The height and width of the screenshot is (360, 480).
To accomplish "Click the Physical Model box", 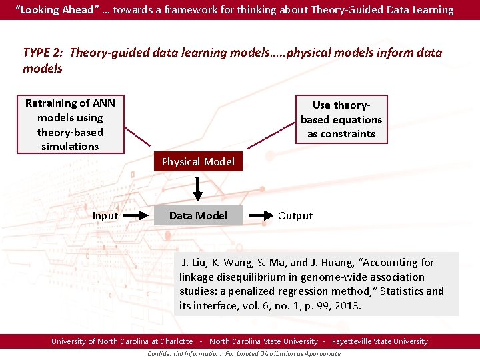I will (x=198, y=162).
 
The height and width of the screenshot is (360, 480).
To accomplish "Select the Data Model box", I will (x=198, y=215).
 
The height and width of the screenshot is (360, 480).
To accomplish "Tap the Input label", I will (x=105, y=216).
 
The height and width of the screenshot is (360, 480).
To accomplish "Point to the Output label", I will (x=295, y=216).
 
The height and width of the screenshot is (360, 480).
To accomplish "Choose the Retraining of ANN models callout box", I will (x=70, y=125).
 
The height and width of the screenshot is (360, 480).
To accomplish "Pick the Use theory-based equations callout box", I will (x=341, y=119).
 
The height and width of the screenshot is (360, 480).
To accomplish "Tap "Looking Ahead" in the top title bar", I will (x=57, y=10).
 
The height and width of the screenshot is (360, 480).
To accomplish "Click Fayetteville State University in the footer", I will (x=379, y=341).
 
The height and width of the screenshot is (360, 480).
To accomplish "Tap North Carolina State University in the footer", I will (x=263, y=341).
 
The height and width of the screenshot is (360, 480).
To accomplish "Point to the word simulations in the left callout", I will (x=70, y=147).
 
